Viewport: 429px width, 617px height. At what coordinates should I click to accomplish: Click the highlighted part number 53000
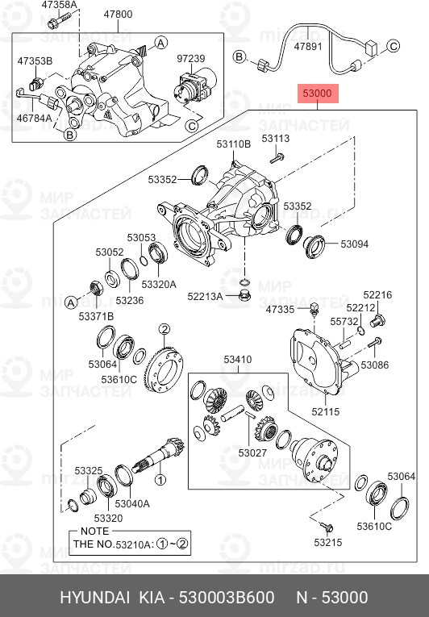(317, 94)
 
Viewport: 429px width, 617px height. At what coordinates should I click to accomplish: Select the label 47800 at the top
(119, 14)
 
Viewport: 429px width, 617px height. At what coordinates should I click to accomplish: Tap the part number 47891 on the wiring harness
(308, 48)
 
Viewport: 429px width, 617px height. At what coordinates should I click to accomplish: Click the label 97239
(192, 59)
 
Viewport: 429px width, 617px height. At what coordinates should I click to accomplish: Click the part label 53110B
(233, 144)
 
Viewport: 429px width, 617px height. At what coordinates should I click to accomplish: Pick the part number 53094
(354, 243)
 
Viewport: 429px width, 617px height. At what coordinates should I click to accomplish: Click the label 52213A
(205, 297)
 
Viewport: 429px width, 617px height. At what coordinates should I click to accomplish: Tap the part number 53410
(237, 360)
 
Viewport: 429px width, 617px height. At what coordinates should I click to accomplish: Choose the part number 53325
(89, 470)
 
